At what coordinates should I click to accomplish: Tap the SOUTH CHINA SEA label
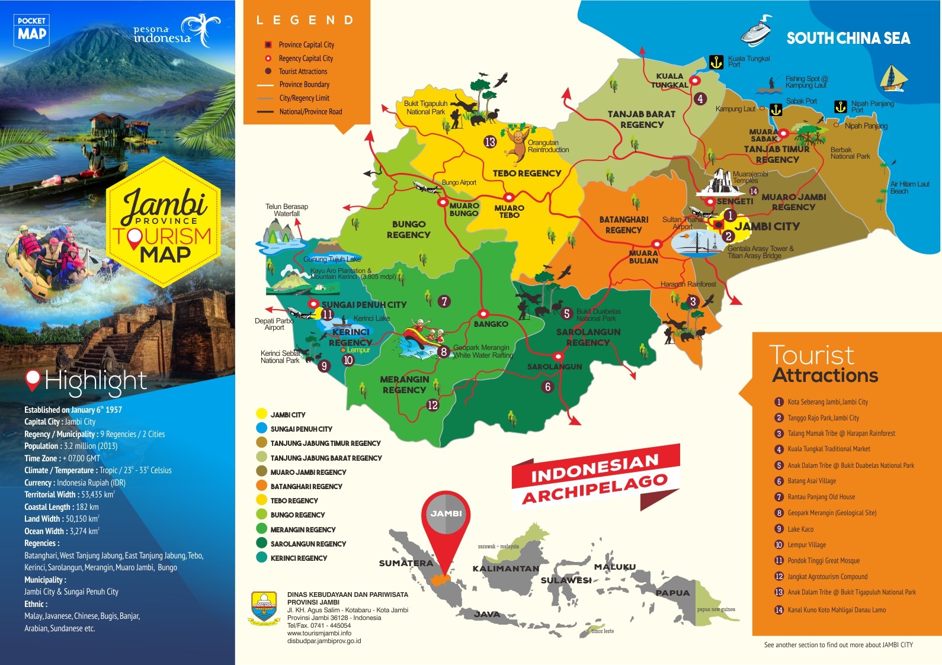[848, 38]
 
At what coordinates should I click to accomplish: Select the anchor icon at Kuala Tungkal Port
[716, 62]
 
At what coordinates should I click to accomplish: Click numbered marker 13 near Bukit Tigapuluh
[490, 142]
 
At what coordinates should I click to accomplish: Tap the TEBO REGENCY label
[527, 174]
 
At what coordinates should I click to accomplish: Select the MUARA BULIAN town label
[643, 257]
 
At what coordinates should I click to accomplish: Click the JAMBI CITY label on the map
[767, 226]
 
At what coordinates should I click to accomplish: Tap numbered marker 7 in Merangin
[444, 301]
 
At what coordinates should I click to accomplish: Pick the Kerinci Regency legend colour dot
[261, 558]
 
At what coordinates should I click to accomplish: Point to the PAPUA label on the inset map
[672, 593]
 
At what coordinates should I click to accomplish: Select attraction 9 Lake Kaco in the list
[800, 529]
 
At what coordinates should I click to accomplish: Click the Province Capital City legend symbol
[268, 44]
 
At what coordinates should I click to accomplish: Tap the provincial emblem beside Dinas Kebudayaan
[264, 608]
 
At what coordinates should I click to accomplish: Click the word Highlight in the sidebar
[95, 381]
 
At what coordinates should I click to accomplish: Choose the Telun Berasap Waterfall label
[287, 210]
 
